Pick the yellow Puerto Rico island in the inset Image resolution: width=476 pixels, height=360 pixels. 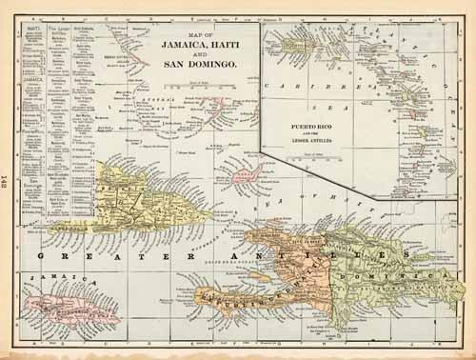(x=285, y=38)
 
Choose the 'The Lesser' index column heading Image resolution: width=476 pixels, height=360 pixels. (x=59, y=30)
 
